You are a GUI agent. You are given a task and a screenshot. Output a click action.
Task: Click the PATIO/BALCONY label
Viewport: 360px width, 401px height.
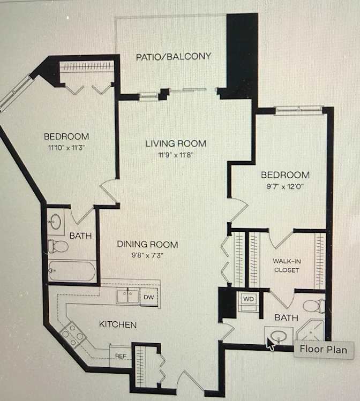tap(174, 57)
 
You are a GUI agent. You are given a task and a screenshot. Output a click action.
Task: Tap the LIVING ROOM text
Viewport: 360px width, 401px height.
tap(176, 143)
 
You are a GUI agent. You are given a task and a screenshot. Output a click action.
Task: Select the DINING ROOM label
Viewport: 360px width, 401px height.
tap(147, 244)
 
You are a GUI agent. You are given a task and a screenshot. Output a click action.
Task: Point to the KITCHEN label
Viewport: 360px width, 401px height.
tap(118, 324)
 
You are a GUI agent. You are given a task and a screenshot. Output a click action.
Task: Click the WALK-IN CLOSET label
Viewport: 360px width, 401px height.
tap(287, 266)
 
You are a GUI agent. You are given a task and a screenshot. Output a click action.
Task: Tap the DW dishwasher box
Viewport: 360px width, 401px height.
tap(148, 297)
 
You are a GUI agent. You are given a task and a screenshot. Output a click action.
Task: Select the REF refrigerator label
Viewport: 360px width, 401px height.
tap(121, 356)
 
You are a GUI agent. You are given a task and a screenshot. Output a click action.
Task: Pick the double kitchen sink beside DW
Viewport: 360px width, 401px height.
tap(127, 296)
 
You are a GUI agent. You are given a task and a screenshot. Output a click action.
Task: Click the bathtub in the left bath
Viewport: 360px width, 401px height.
tap(72, 270)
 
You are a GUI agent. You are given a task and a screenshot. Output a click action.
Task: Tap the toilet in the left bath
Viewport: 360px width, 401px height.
tap(58, 246)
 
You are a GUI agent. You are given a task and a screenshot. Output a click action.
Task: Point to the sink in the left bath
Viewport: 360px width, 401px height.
tap(56, 222)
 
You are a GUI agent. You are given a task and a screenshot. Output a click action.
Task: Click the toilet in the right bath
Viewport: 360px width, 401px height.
tap(314, 306)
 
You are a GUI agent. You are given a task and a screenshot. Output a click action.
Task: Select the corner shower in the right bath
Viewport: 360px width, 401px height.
tap(311, 330)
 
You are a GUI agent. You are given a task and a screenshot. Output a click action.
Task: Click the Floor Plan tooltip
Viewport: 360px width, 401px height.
tap(324, 350)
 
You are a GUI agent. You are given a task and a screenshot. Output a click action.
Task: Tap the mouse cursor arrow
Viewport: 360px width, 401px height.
tap(271, 344)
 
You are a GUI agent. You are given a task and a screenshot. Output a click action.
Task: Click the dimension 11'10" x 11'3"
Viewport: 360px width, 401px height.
tap(66, 148)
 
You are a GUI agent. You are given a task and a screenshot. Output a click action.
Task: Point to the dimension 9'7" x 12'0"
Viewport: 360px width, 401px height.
tap(285, 186)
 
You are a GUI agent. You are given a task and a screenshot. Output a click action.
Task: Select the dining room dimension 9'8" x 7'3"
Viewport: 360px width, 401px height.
tap(147, 255)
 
